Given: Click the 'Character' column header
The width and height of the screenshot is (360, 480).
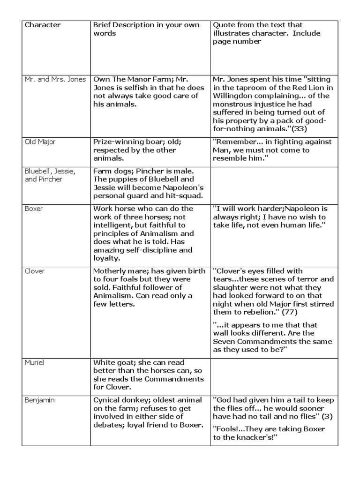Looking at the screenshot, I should (x=43, y=25).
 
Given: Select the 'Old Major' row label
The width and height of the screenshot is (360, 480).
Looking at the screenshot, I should (x=40, y=142).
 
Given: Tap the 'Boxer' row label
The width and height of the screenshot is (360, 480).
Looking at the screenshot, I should (x=34, y=209).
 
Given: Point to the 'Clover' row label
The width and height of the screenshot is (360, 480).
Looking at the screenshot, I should (x=35, y=271).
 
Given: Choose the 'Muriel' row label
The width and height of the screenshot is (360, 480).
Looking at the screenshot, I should (x=35, y=363).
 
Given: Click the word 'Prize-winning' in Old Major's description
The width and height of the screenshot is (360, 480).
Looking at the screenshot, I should (x=116, y=142).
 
